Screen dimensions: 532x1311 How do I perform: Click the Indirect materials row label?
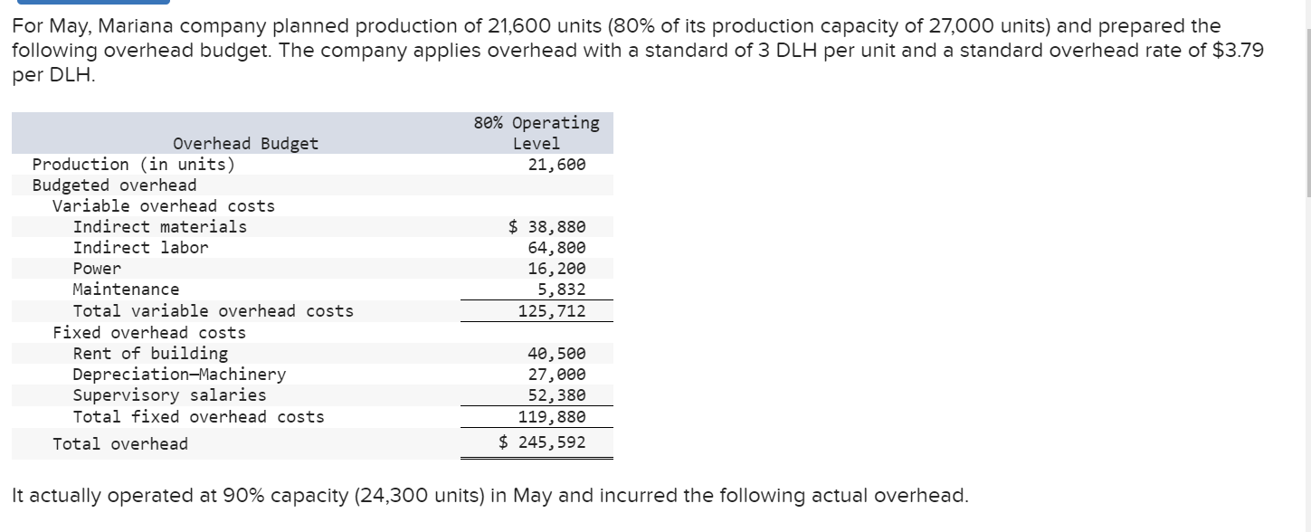pos(159,226)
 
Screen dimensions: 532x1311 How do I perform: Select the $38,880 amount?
pos(547,226)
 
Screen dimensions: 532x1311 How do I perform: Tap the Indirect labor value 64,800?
pos(556,247)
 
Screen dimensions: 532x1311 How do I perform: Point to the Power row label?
pos(97,269)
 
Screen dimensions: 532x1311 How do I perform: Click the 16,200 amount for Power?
pos(556,269)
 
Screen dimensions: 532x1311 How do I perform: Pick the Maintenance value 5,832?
pos(561,290)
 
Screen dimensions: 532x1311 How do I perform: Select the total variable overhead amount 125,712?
pos(552,311)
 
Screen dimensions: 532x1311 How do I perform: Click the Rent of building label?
pos(150,353)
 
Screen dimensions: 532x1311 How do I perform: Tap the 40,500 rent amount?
pos(556,354)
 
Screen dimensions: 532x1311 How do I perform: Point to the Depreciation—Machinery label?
pos(179,374)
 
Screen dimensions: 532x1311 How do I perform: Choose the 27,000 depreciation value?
pos(556,375)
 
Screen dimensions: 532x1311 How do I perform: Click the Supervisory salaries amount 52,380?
pos(556,395)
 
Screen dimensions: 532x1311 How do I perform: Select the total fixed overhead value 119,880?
pos(552,417)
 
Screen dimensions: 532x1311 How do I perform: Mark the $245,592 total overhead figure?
pos(543,442)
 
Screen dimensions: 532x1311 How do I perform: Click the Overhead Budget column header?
pos(245,143)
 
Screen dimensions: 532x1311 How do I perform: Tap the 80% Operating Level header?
pos(537,132)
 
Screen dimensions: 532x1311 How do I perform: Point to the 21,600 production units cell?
pos(556,165)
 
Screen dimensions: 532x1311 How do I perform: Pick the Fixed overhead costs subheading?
pos(149,332)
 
